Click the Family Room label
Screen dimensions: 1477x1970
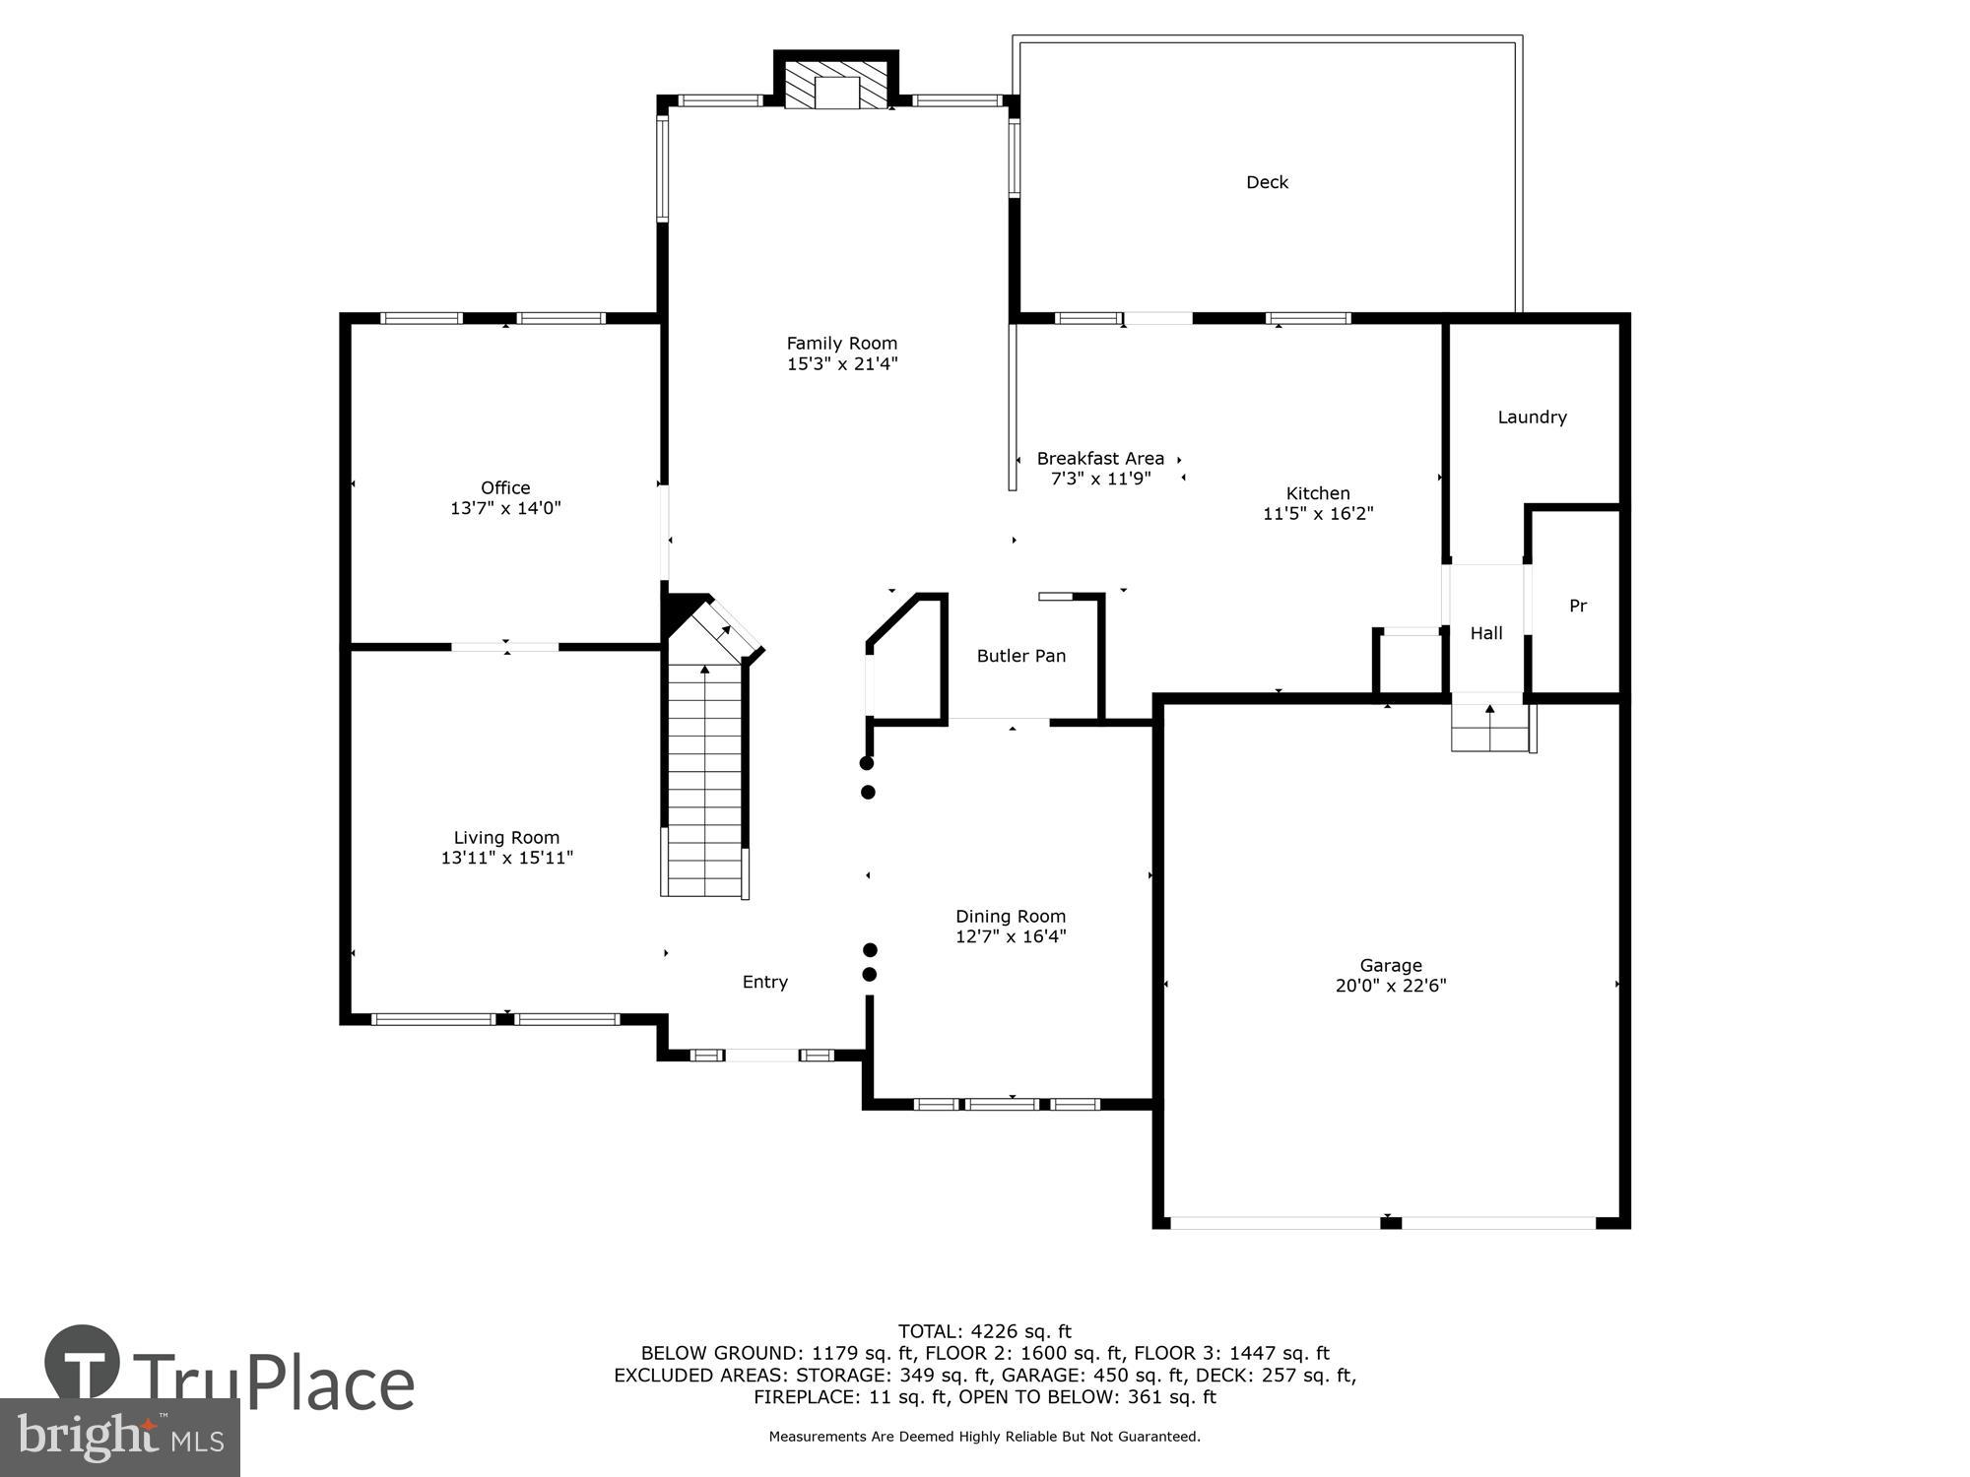click(x=841, y=344)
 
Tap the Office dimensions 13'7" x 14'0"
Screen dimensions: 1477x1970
click(x=505, y=508)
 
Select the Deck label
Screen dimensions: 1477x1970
click(x=1267, y=182)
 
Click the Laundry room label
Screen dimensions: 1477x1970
click(x=1532, y=417)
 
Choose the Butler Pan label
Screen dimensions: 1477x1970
click(x=1020, y=656)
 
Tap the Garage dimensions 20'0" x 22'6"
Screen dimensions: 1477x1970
click(x=1390, y=986)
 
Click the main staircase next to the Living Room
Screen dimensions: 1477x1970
click(x=704, y=778)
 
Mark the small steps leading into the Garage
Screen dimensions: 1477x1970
click(x=1489, y=729)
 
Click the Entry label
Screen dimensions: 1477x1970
click(x=764, y=982)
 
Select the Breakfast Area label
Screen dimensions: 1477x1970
click(x=1100, y=459)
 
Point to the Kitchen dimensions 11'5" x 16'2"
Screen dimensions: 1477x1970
click(x=1318, y=513)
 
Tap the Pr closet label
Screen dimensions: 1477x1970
click(x=1577, y=607)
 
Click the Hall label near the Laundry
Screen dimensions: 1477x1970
click(x=1486, y=633)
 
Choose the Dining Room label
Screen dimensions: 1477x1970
click(x=1011, y=917)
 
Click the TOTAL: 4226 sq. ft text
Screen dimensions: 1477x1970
click(x=984, y=1332)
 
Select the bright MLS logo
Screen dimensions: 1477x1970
click(x=120, y=1438)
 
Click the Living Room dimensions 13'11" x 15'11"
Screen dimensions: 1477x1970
click(x=506, y=858)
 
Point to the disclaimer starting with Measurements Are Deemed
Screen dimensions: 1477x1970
click(x=984, y=1437)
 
